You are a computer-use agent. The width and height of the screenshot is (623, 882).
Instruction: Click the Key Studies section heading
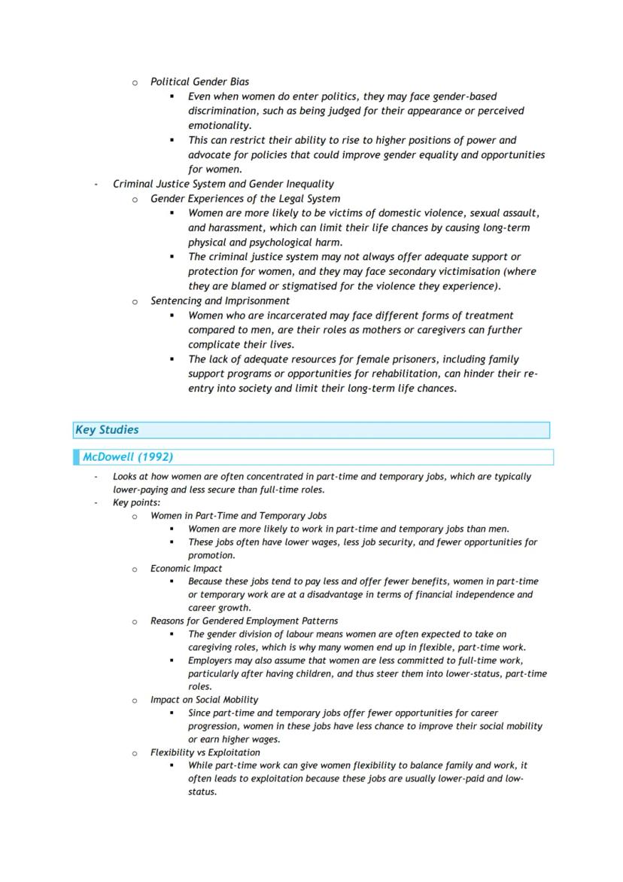click(x=107, y=430)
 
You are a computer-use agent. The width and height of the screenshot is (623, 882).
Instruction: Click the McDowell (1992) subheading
click(x=128, y=456)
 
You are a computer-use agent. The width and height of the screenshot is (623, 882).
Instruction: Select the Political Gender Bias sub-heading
click(x=199, y=81)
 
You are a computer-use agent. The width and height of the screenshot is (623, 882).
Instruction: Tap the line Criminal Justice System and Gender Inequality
click(x=223, y=184)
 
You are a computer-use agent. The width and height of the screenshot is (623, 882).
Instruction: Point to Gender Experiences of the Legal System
click(x=245, y=199)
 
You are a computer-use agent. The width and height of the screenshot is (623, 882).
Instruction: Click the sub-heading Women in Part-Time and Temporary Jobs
click(x=238, y=516)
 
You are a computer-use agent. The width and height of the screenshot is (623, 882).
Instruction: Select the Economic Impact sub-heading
click(x=186, y=569)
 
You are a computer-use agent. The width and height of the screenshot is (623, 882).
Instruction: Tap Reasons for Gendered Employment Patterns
click(x=244, y=621)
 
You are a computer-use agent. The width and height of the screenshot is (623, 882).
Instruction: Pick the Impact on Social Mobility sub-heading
click(x=204, y=700)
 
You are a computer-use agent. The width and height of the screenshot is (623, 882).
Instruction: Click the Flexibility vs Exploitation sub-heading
click(x=205, y=752)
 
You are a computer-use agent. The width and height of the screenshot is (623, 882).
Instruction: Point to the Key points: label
click(x=136, y=502)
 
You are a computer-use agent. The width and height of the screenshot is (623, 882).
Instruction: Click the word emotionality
click(x=219, y=126)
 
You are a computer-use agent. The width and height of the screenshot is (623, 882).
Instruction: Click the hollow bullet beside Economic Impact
click(x=135, y=569)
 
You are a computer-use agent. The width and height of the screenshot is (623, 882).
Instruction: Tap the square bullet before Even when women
click(x=172, y=96)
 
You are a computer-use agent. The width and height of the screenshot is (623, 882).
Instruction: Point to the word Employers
click(x=212, y=661)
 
